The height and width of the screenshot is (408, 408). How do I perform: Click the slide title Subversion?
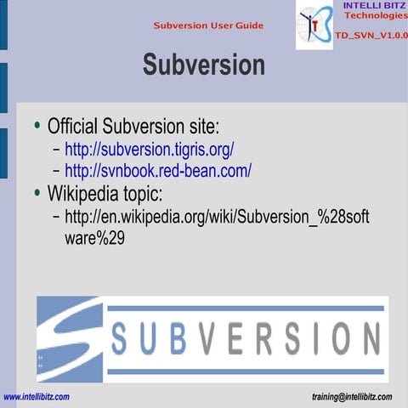203,65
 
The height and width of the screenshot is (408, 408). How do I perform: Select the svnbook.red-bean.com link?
157,171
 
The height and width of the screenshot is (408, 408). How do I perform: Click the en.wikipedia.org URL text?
217,218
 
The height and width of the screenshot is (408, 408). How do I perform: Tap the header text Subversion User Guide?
208,25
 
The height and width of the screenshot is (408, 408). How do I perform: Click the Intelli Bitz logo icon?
314,25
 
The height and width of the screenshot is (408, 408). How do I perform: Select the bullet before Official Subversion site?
37,127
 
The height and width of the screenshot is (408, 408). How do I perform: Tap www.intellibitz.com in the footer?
37,397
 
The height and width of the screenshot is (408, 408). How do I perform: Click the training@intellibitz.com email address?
353,397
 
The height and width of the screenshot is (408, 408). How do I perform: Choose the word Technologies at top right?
375,17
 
